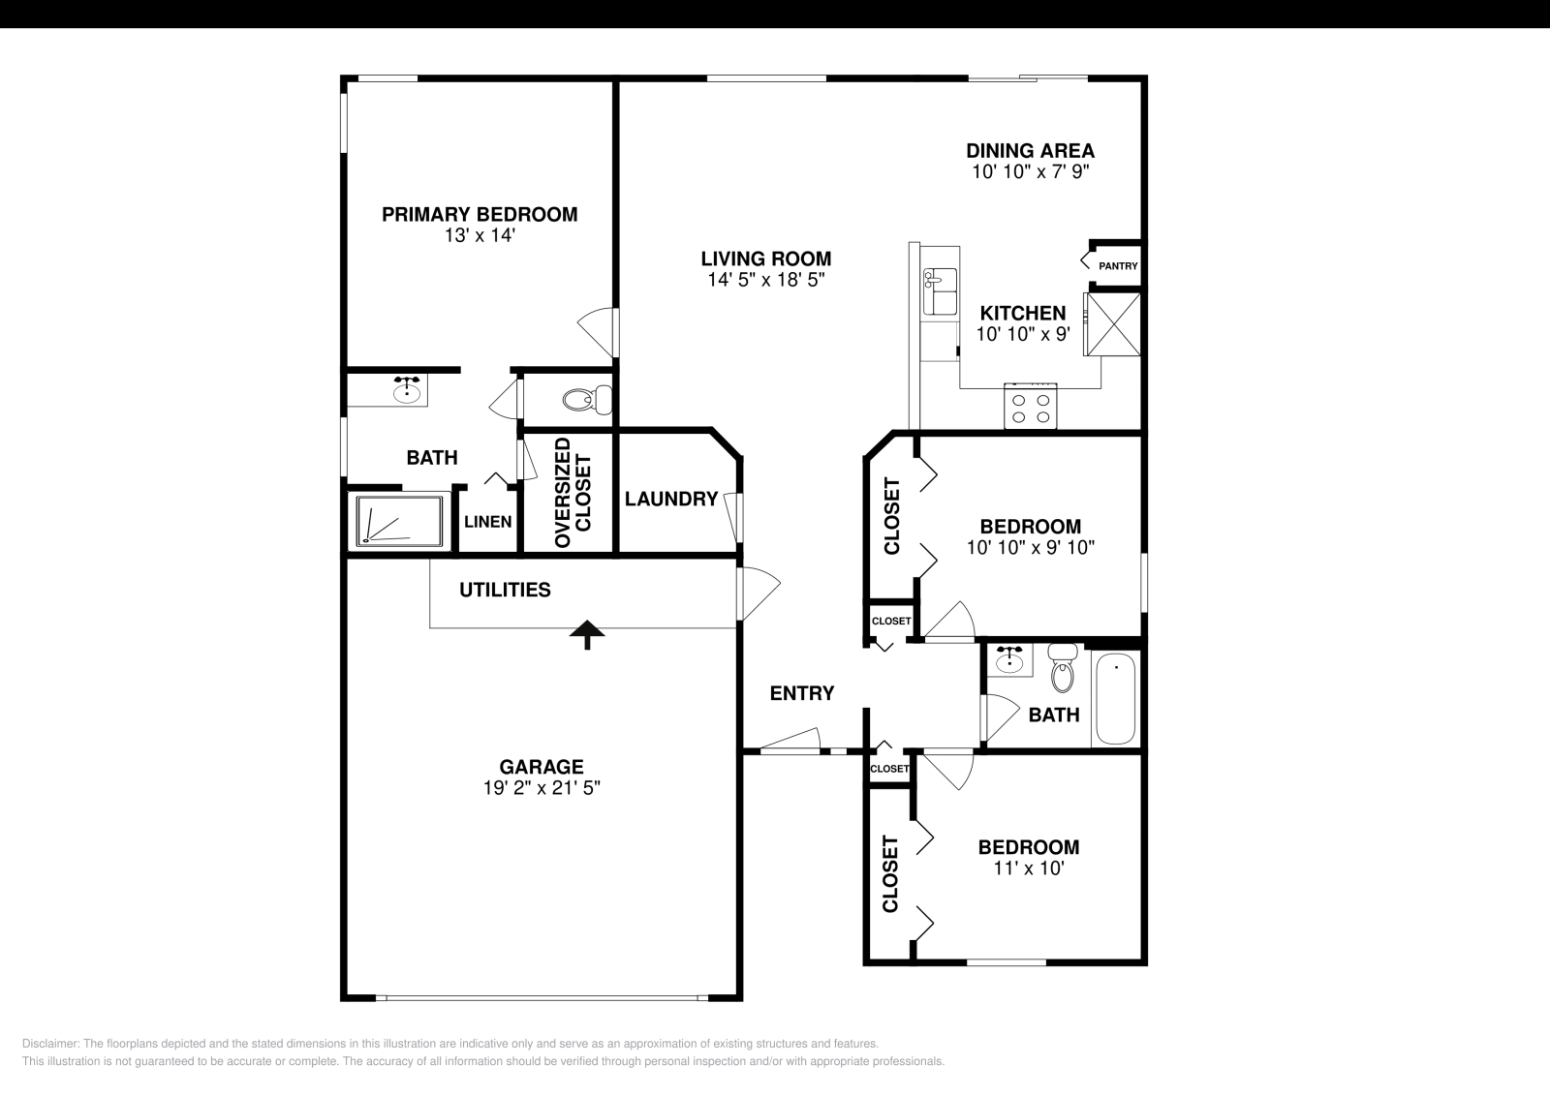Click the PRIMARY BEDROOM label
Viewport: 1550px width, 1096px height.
pyautogui.click(x=480, y=214)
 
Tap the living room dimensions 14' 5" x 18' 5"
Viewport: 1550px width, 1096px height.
pyautogui.click(x=765, y=281)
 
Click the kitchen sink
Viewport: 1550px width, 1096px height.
pyautogui.click(x=940, y=291)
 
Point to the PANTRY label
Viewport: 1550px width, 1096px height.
pyautogui.click(x=1118, y=266)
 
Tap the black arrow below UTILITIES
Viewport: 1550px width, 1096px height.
pyautogui.click(x=587, y=635)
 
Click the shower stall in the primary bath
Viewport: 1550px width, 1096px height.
pyautogui.click(x=399, y=520)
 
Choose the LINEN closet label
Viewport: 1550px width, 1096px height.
pyautogui.click(x=487, y=522)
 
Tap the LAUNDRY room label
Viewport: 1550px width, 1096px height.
pyautogui.click(x=670, y=499)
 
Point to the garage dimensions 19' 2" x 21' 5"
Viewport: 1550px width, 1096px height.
pyautogui.click(x=542, y=788)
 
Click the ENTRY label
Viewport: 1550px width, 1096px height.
pyautogui.click(x=801, y=693)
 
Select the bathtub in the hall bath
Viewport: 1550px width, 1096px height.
pyautogui.click(x=1116, y=699)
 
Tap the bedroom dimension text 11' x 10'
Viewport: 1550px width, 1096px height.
pyautogui.click(x=1028, y=868)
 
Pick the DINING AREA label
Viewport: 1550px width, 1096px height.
pyautogui.click(x=1030, y=150)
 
